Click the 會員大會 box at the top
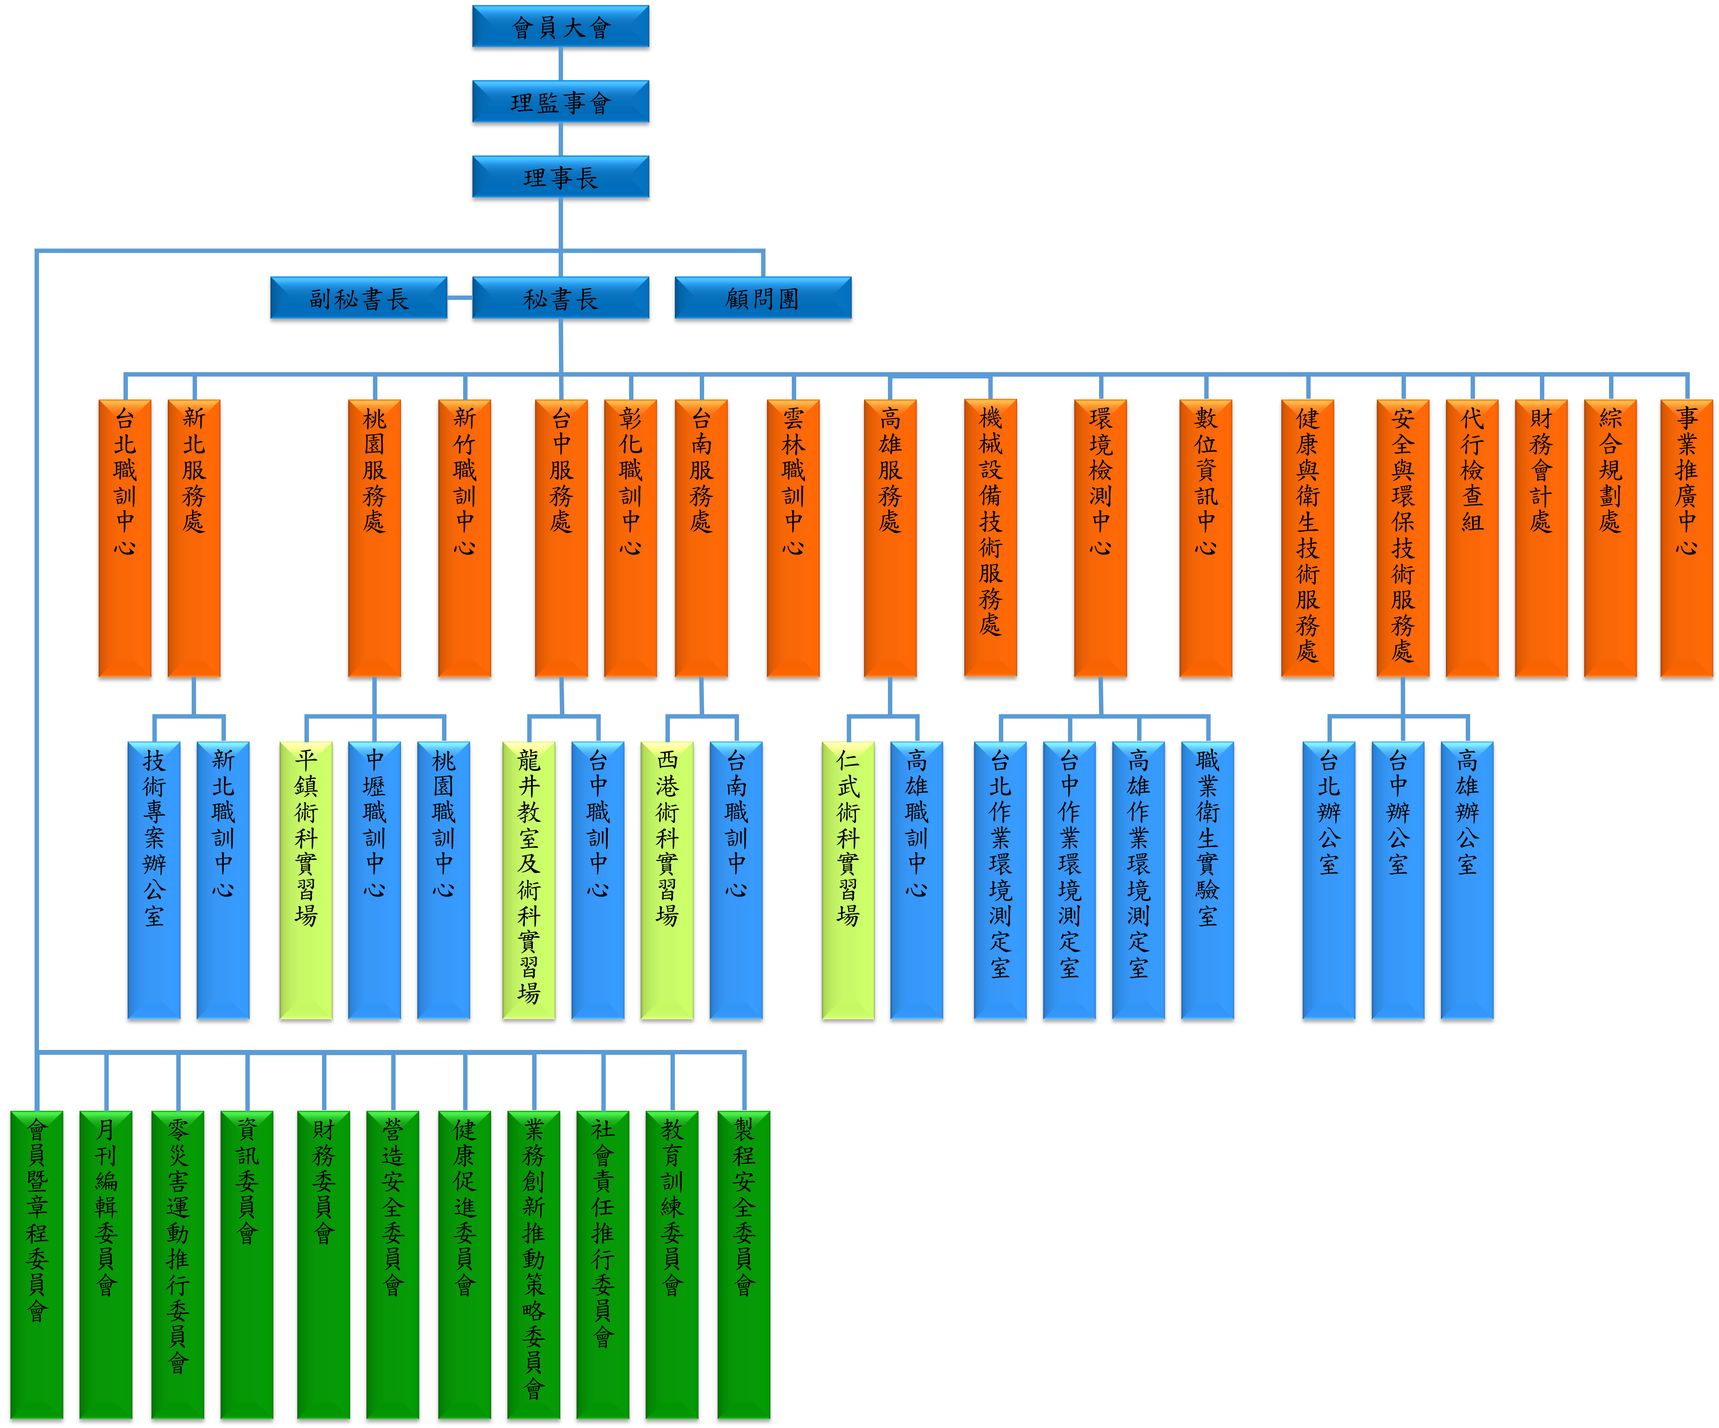[x=561, y=27]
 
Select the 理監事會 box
[x=561, y=101]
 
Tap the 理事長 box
[x=561, y=177]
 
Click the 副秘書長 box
[x=359, y=298]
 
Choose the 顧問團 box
[x=763, y=298]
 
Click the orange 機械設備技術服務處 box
[x=990, y=538]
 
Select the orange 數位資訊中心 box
[x=1206, y=538]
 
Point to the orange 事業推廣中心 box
[x=1686, y=538]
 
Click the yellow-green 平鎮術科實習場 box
[x=306, y=880]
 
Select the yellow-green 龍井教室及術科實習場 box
[x=529, y=880]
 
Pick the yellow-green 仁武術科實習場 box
[x=848, y=880]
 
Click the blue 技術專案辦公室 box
[x=154, y=880]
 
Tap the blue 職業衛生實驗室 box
[x=1207, y=880]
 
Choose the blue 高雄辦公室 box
[x=1467, y=880]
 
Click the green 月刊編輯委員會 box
[x=106, y=1264]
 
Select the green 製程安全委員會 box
[x=744, y=1264]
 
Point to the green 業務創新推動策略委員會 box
[x=534, y=1264]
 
